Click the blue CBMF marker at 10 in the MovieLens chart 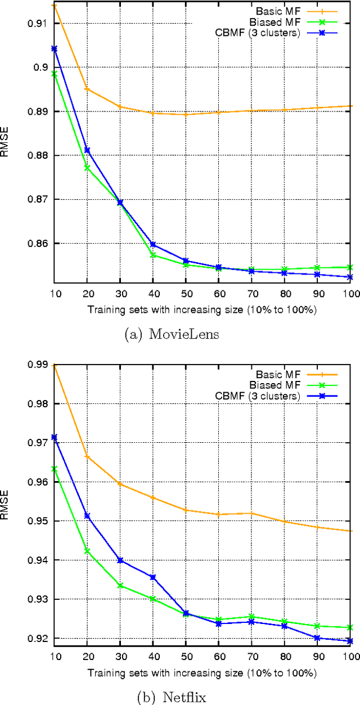(54, 48)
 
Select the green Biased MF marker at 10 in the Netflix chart (54, 469)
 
